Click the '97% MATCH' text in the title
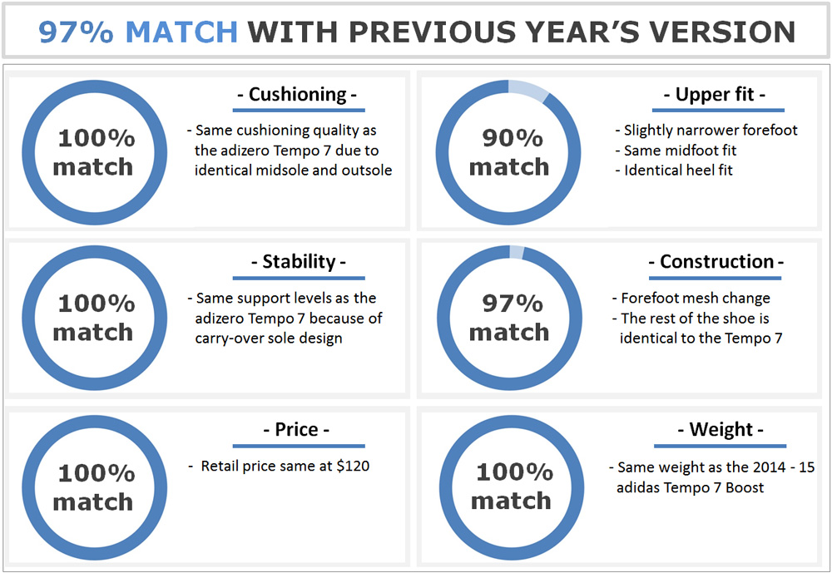[138, 32]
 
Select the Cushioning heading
[297, 95]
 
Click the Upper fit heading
[715, 95]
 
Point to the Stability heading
[299, 262]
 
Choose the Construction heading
[716, 262]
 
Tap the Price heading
[297, 429]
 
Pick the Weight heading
[721, 429]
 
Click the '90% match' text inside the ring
[509, 152]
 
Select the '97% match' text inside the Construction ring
[509, 318]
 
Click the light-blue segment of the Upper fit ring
[529, 90]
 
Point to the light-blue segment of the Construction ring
[517, 253]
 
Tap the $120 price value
[353, 466]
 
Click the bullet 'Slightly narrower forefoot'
[706, 130]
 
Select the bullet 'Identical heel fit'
[674, 170]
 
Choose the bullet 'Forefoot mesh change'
[691, 299]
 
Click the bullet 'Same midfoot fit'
[676, 151]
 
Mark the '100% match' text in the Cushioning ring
[94, 152]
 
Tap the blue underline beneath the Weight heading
[720, 447]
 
